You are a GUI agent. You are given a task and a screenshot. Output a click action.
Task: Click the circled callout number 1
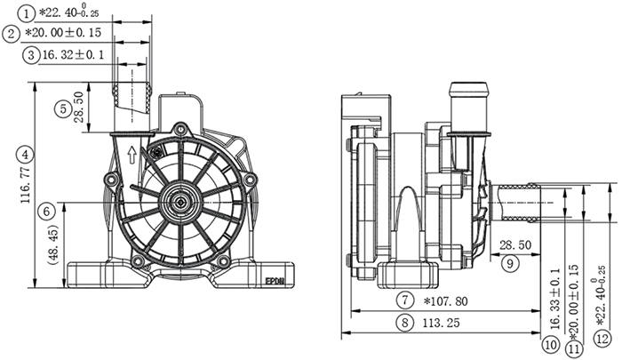[x=28, y=12]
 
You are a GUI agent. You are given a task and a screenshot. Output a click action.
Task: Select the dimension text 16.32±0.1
[x=77, y=55]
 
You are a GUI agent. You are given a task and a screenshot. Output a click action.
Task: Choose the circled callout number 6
[x=47, y=209]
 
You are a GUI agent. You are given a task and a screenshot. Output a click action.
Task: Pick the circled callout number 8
[x=405, y=324]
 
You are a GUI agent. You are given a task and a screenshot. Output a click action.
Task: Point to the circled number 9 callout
[x=510, y=262]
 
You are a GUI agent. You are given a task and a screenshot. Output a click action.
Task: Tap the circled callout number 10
[x=550, y=342]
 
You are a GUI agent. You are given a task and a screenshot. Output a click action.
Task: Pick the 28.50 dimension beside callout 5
[x=80, y=108]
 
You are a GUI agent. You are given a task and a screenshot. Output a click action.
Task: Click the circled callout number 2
[x=11, y=34]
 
